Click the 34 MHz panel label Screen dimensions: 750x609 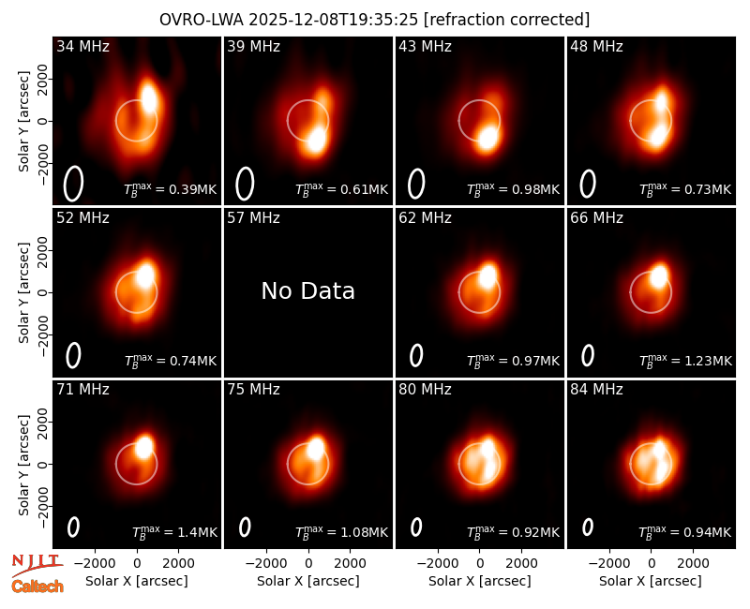point(82,46)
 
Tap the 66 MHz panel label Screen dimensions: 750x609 point(596,218)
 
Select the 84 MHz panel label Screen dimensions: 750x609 point(596,390)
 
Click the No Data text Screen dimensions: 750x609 point(308,290)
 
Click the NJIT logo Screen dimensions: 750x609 point(37,564)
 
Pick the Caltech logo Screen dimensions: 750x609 point(37,587)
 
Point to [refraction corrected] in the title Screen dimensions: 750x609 point(506,20)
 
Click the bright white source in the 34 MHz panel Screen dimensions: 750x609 point(149,98)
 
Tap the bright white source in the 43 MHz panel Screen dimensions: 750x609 point(487,139)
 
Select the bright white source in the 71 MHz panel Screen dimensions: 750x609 point(143,446)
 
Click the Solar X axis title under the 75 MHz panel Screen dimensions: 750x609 point(308,581)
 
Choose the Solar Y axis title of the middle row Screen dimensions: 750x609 point(24,292)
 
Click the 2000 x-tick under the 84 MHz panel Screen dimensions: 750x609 point(693,564)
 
